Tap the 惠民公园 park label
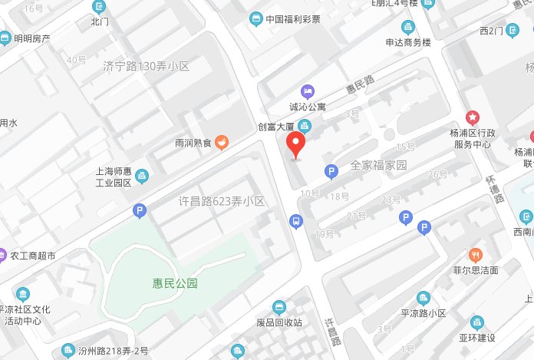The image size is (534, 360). (x=175, y=283)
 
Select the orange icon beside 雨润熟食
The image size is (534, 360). (x=221, y=140)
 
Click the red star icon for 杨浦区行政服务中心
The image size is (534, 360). (x=473, y=117)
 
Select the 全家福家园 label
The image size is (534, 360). (x=378, y=164)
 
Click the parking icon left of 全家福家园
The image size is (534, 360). (x=331, y=172)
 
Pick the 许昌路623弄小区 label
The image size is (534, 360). (x=221, y=201)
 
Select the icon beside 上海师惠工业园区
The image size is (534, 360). (x=141, y=177)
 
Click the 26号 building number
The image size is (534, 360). (x=437, y=175)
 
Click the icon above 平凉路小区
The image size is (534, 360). (x=423, y=298)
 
